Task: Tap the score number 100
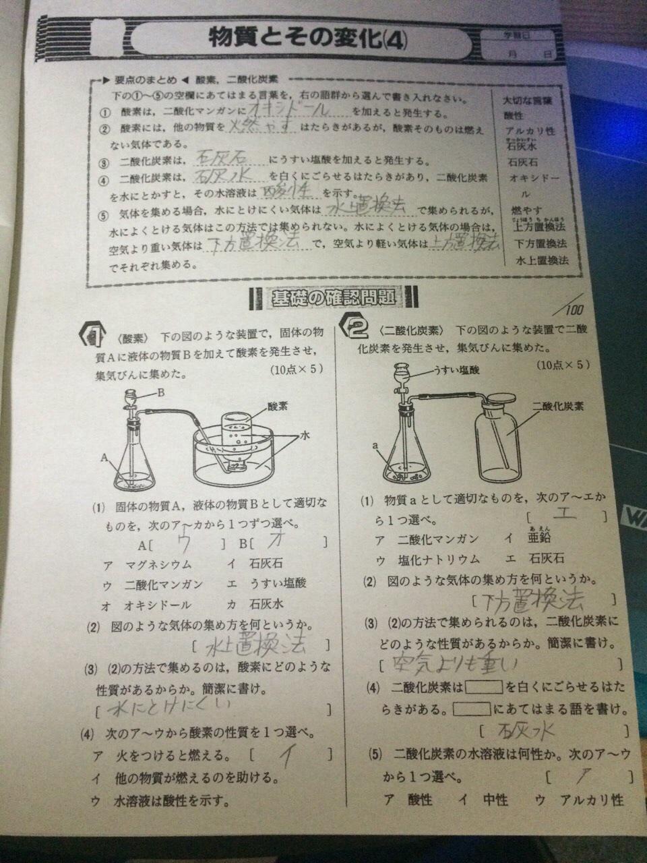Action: [x=575, y=311]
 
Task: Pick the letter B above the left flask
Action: [x=161, y=392]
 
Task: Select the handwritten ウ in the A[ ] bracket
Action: [x=182, y=542]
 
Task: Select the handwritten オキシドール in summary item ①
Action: [x=289, y=109]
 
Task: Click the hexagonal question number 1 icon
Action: [x=92, y=333]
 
